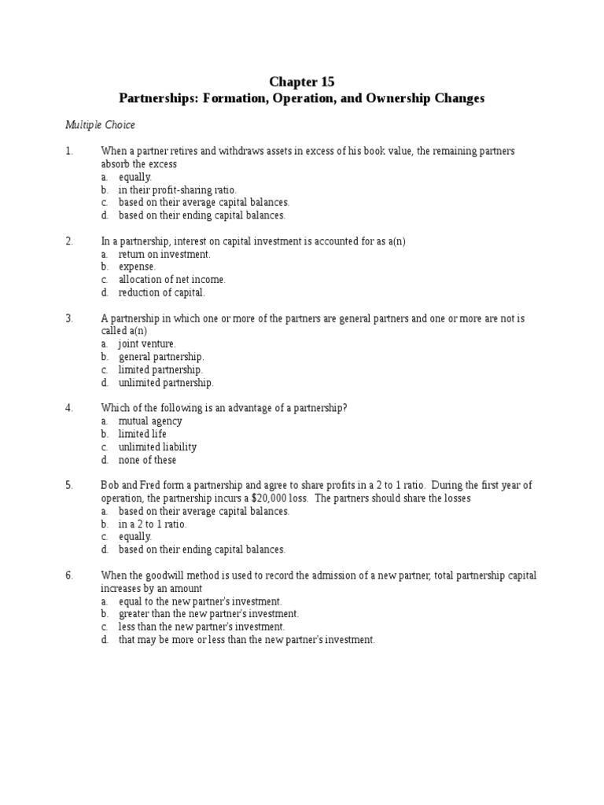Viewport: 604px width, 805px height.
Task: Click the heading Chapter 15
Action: point(301,82)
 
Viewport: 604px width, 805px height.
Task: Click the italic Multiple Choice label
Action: point(100,124)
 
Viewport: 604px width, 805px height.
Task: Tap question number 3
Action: point(69,318)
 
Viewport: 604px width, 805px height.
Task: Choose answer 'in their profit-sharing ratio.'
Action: point(177,189)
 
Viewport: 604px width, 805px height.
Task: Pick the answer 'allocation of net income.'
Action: point(171,279)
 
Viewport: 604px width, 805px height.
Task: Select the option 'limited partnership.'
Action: point(160,369)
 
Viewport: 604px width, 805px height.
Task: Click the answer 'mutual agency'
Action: point(150,421)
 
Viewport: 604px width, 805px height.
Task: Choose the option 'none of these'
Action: point(147,460)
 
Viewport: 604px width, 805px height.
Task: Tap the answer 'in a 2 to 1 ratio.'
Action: point(152,524)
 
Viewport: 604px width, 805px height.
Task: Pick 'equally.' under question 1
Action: point(134,177)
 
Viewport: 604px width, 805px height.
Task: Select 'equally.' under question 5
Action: point(134,536)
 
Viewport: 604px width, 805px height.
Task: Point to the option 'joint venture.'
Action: point(147,344)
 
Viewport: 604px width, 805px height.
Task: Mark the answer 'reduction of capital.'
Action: point(161,292)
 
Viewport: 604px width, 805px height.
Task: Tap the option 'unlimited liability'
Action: point(157,447)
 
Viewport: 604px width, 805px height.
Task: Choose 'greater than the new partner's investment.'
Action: point(208,613)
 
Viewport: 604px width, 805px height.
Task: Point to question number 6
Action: point(69,575)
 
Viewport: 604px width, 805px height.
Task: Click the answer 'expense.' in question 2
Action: point(137,266)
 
